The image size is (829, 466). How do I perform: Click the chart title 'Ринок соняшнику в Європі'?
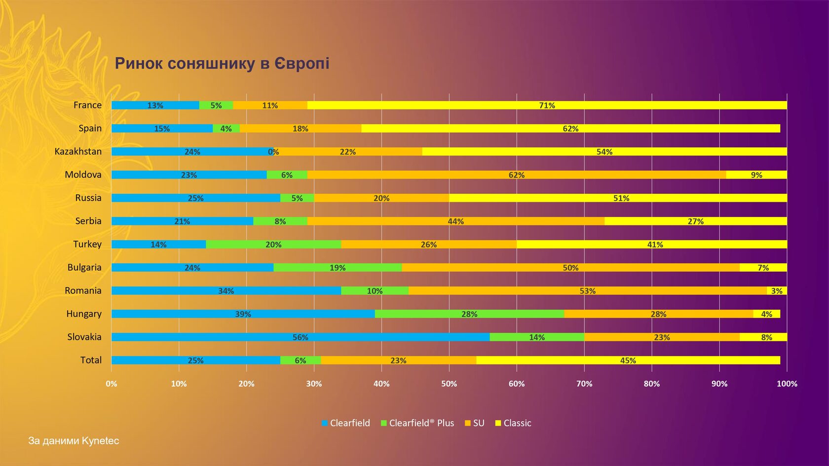222,64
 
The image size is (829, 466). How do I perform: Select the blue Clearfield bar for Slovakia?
300,337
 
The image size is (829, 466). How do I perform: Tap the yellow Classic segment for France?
547,106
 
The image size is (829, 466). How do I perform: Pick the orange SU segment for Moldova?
516,175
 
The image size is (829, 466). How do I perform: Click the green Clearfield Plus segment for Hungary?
469,314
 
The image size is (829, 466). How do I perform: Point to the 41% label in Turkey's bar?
655,245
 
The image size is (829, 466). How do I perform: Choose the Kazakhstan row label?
78,151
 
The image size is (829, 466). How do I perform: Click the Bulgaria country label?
84,267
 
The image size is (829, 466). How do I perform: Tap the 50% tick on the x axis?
449,384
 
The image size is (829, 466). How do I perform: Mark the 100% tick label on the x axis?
787,384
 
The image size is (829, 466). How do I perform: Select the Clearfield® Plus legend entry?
417,423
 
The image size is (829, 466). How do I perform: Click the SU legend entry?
475,423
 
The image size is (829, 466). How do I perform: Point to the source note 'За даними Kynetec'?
74,441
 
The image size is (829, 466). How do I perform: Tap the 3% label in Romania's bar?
777,291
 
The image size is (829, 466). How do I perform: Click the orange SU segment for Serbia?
455,221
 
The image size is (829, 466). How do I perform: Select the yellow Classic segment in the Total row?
628,360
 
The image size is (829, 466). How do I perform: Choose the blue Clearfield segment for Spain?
162,129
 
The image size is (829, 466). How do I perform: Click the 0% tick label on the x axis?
112,384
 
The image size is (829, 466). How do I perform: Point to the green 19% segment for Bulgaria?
338,268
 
